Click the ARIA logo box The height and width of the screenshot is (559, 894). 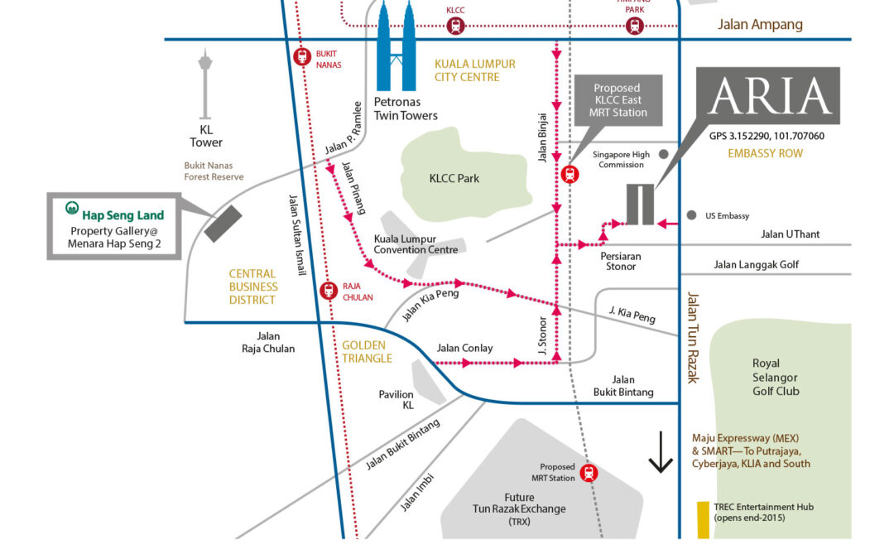click(x=769, y=96)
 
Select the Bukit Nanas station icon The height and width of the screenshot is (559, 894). click(x=302, y=57)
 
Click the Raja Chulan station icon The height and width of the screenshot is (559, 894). click(x=328, y=291)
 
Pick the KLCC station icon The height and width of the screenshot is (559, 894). click(x=455, y=26)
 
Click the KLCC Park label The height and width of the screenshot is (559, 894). click(x=454, y=178)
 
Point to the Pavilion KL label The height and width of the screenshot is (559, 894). click(x=396, y=400)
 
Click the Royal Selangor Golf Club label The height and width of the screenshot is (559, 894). click(x=776, y=377)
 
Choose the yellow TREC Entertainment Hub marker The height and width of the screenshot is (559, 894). click(x=703, y=520)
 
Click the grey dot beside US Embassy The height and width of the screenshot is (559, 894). click(x=691, y=215)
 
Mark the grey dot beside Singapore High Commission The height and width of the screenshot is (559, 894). click(x=663, y=154)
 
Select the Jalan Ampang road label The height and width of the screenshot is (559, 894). click(x=760, y=24)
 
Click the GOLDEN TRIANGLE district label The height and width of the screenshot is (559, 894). click(x=367, y=351)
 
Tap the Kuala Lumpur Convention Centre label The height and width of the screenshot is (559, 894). click(x=416, y=243)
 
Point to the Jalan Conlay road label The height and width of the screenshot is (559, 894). click(x=464, y=348)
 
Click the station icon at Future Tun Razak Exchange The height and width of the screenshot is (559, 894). click(x=589, y=473)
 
